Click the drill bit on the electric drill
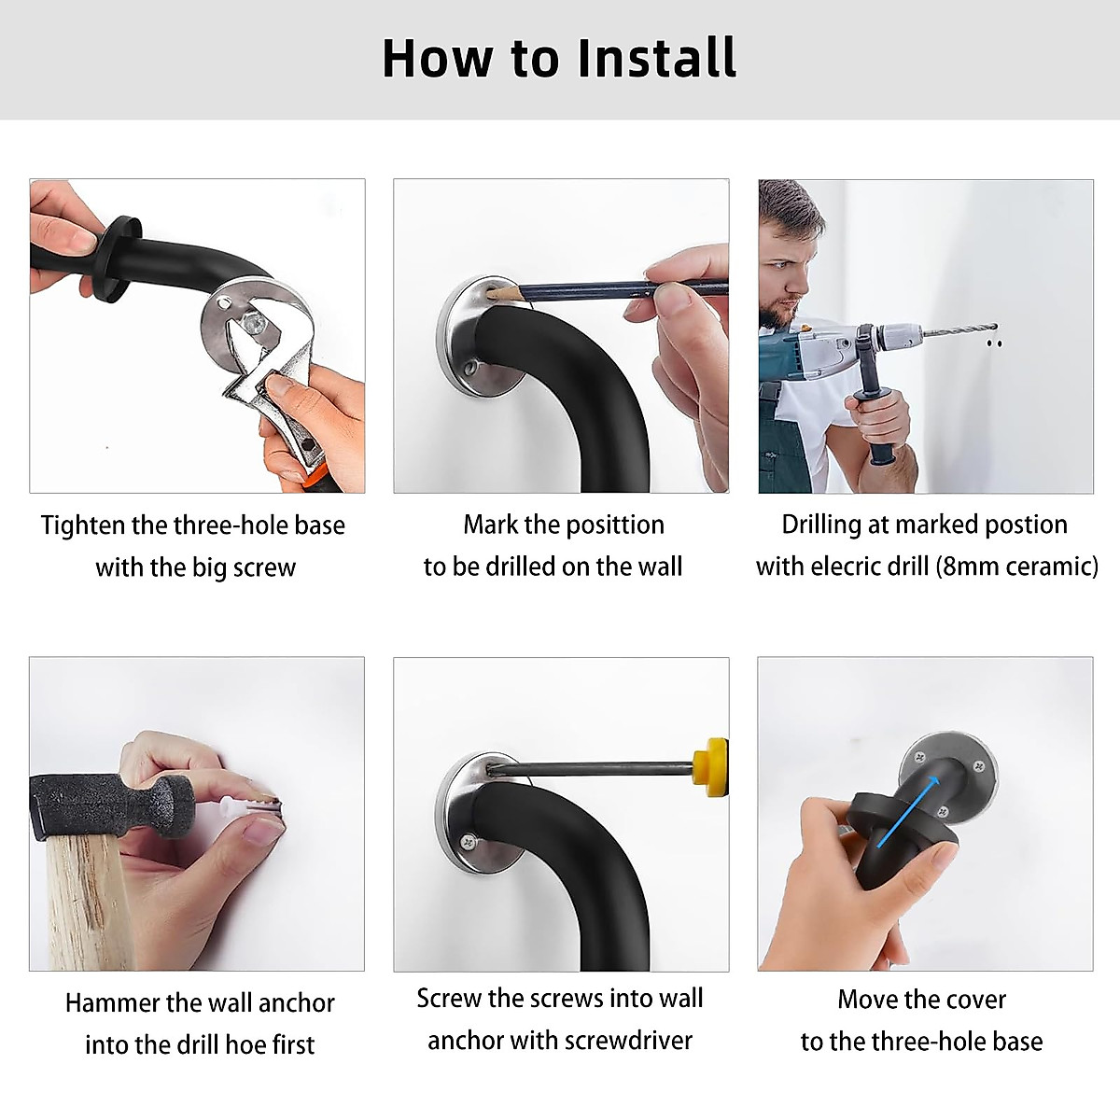[960, 330]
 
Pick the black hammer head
[110, 805]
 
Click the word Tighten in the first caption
[82, 525]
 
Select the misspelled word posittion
[614, 525]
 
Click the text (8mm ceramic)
[1017, 567]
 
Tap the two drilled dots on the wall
[994, 343]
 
